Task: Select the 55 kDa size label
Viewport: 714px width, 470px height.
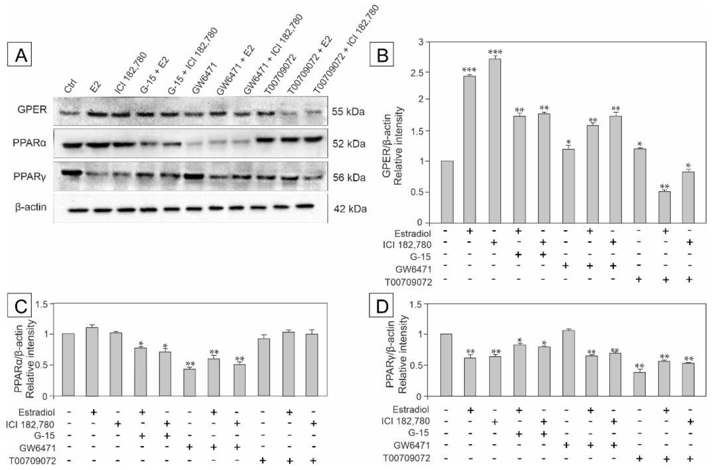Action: click(x=348, y=112)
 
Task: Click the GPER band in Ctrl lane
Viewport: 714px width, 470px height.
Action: click(x=69, y=114)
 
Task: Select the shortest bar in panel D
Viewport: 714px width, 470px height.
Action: click(x=639, y=384)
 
